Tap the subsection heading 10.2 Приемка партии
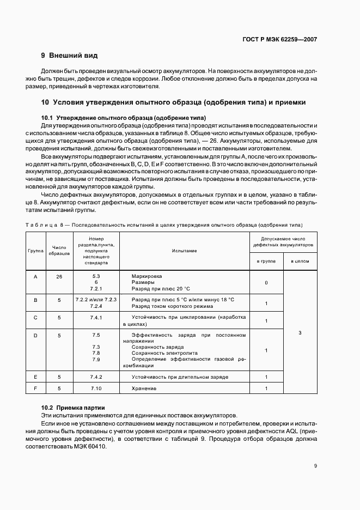pos(74,408)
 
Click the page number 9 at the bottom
pos(315,466)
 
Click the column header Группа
pos(35,251)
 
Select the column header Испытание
pos(184,251)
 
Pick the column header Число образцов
pos(59,251)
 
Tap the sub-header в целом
pos(300,262)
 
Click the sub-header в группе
pos(266,262)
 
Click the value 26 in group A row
pos(59,276)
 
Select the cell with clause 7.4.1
pos(96,317)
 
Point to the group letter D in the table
pos(35,335)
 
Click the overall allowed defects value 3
pos(300,332)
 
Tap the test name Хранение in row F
pos(144,388)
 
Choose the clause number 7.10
pos(96,388)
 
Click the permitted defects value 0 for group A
pos(266,283)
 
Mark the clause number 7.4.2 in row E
pos(96,377)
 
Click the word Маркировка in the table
pos(147,276)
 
